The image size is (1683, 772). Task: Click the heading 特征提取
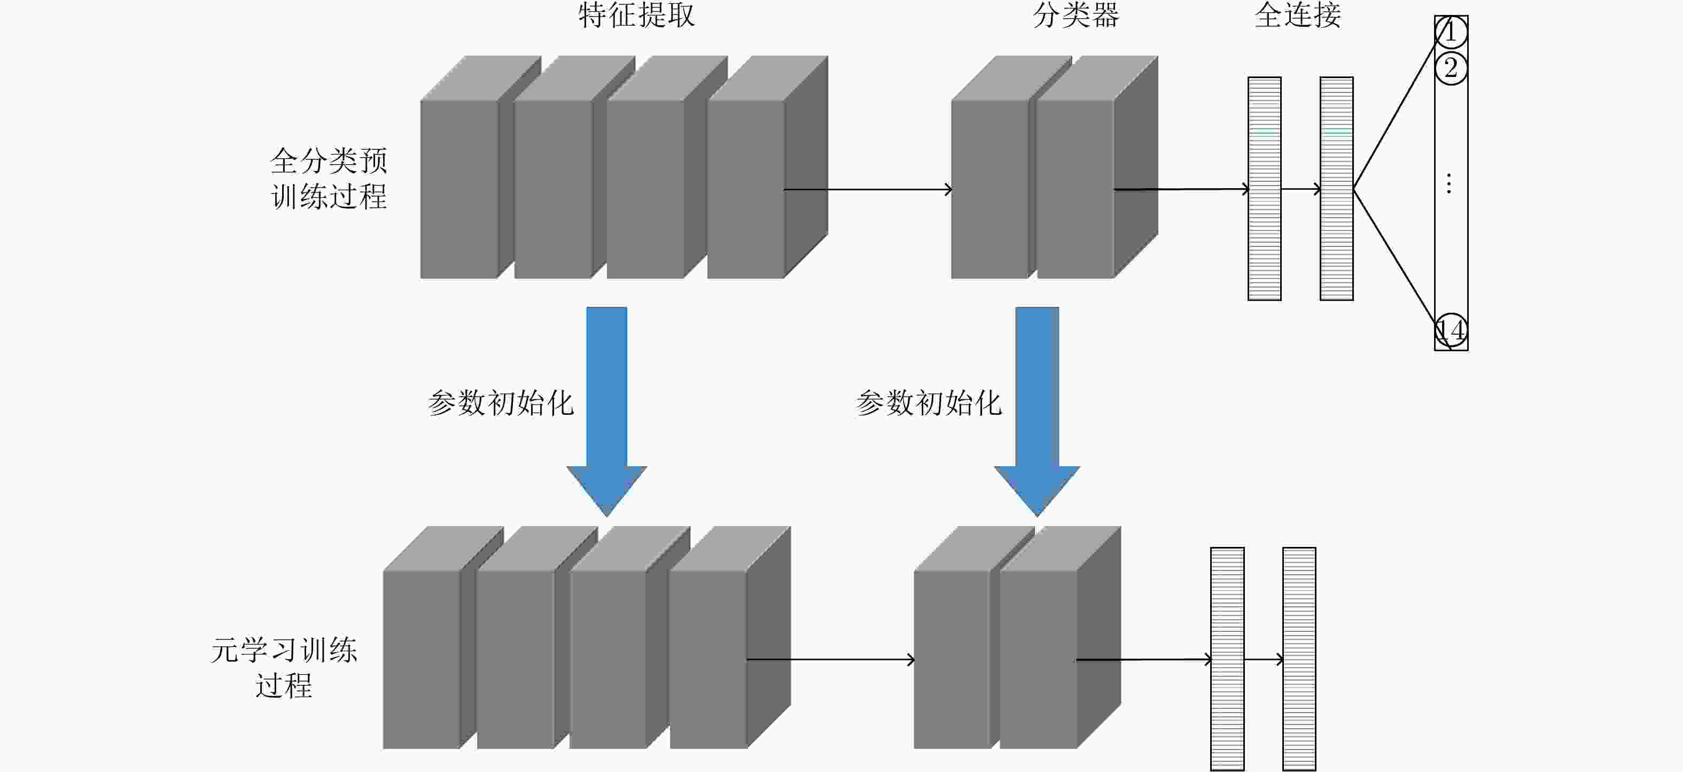pyautogui.click(x=636, y=15)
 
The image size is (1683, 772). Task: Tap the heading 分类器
pyautogui.click(x=1076, y=15)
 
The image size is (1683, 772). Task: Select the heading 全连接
pyautogui.click(x=1298, y=15)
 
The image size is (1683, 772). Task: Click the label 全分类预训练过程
pyautogui.click(x=329, y=179)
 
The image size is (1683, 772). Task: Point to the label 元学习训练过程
pyautogui.click(x=284, y=667)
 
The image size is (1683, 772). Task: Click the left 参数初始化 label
pyautogui.click(x=501, y=403)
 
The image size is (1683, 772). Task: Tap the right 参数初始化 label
pyautogui.click(x=929, y=403)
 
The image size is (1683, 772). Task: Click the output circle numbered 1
pyautogui.click(x=1451, y=32)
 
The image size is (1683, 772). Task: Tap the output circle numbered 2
pyautogui.click(x=1451, y=68)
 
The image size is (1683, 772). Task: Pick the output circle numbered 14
pyautogui.click(x=1451, y=331)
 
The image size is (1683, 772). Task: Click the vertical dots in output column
pyautogui.click(x=1449, y=184)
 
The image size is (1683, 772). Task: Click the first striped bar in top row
pyautogui.click(x=1264, y=188)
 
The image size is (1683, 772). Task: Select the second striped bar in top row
pyautogui.click(x=1336, y=188)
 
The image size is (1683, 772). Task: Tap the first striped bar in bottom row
pyautogui.click(x=1227, y=659)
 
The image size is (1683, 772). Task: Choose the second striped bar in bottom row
pyautogui.click(x=1299, y=659)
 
